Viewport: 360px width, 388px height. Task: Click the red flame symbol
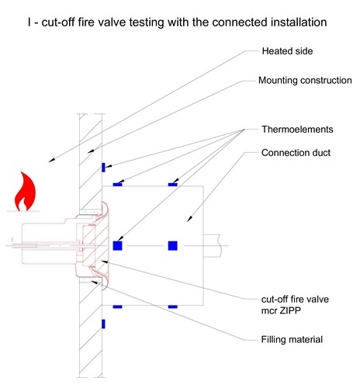25,192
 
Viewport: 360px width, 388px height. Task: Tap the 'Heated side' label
287,51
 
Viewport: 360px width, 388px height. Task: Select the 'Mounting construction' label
305,80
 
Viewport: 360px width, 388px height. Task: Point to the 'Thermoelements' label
297,129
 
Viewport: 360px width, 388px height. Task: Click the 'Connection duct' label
296,153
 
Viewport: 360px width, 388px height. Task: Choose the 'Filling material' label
292,339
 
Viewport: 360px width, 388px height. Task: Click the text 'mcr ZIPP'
281,310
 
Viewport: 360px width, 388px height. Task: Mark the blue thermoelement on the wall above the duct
103,168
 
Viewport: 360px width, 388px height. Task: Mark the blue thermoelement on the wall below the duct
103,324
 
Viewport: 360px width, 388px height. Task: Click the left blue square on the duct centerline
117,246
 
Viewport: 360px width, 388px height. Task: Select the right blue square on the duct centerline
173,246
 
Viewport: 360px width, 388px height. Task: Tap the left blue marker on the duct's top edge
117,185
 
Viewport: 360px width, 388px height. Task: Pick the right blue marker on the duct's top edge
173,185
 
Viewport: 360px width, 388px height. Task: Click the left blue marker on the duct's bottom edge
117,307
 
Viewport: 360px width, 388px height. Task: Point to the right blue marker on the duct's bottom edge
173,307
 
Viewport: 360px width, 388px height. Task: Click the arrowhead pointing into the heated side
52,160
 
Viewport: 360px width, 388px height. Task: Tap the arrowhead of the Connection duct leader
189,219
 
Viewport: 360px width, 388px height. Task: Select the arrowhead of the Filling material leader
95,282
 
